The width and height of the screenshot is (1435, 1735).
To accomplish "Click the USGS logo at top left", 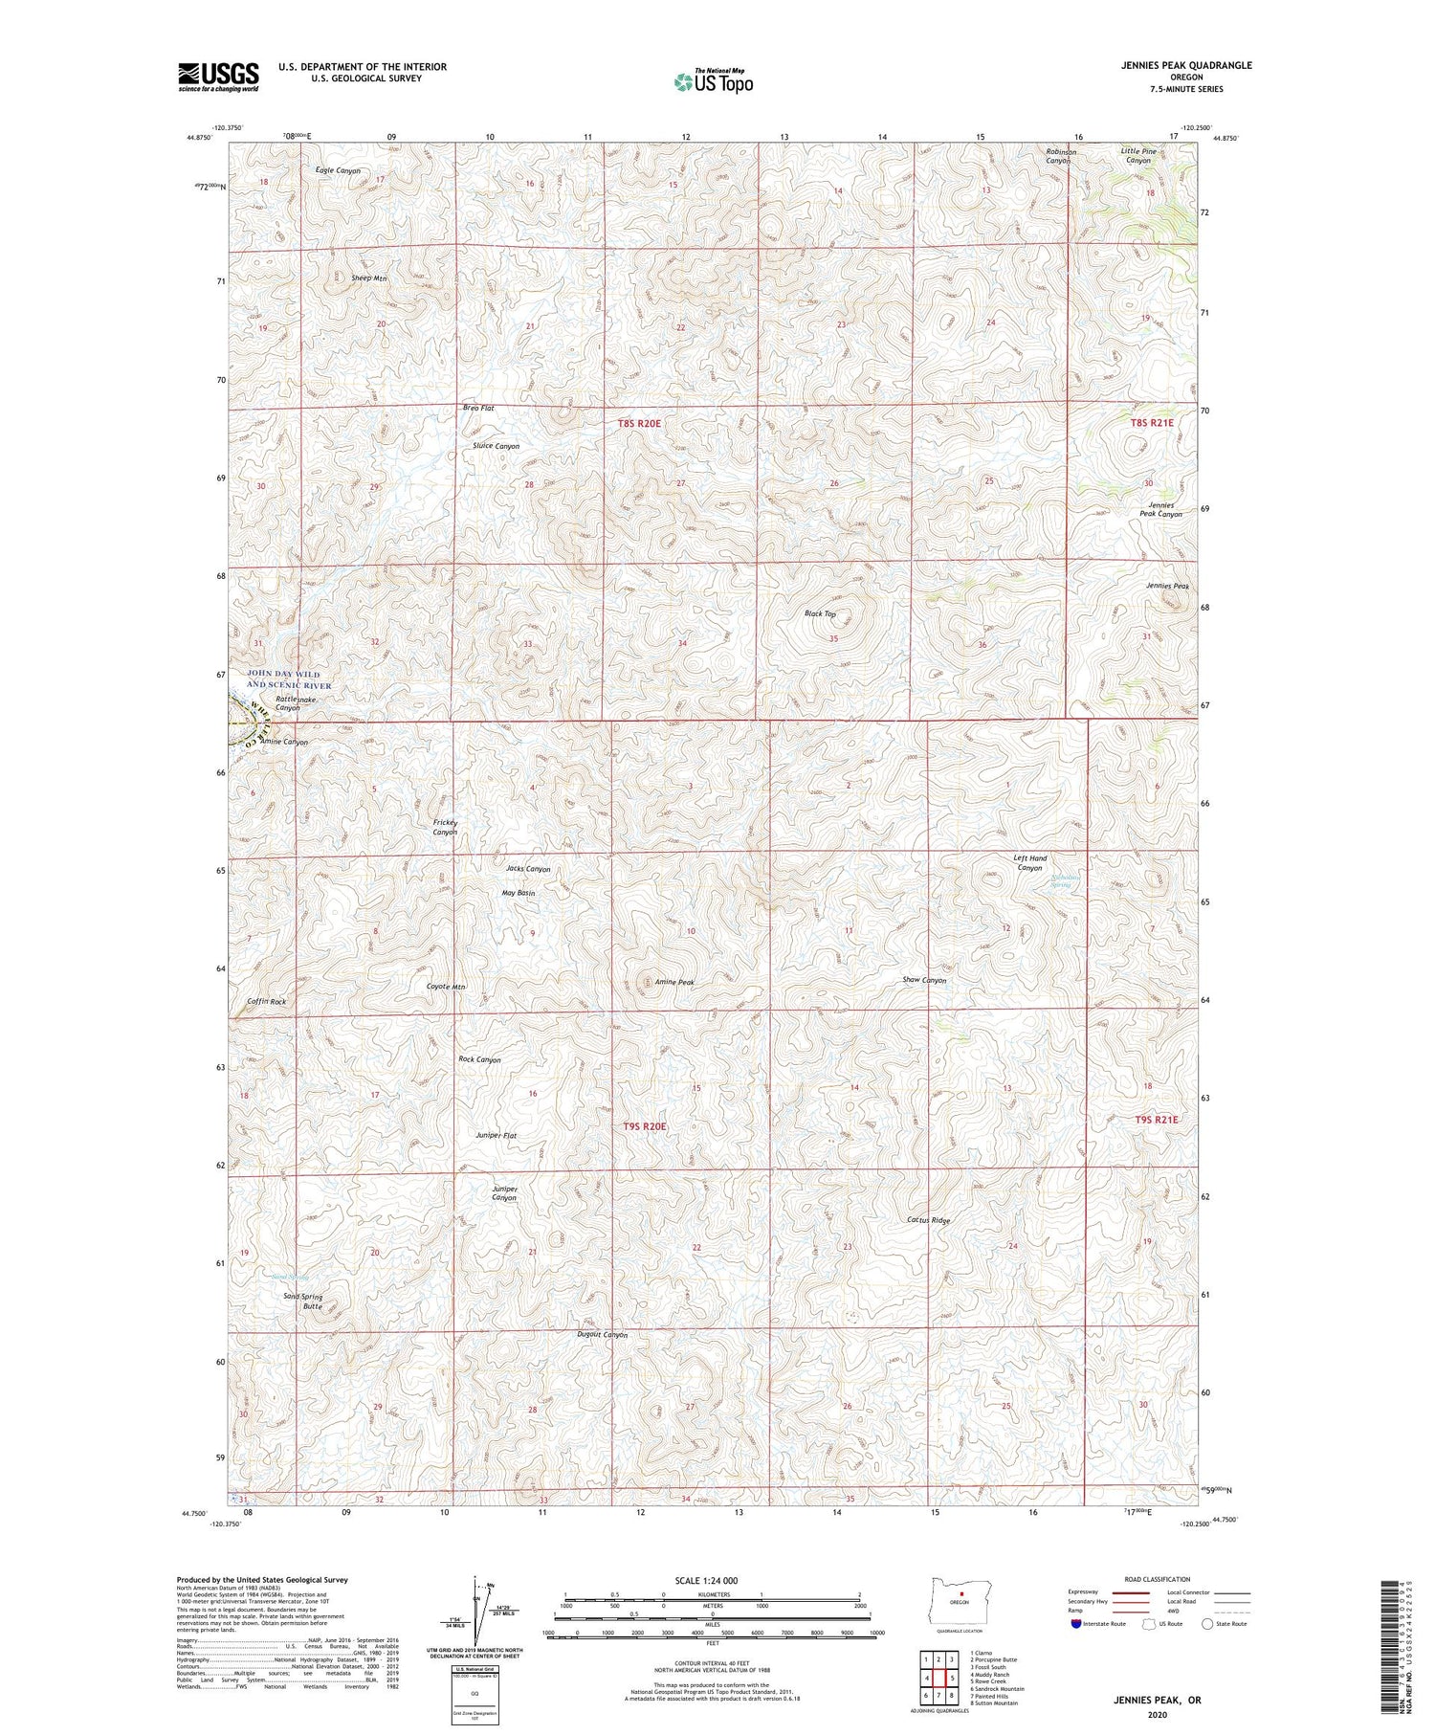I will [x=218, y=77].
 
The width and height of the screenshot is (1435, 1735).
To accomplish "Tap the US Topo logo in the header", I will [x=713, y=82].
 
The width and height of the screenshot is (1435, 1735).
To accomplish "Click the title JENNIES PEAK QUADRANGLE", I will [x=1187, y=65].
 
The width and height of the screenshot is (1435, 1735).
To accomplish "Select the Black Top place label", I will [x=820, y=613].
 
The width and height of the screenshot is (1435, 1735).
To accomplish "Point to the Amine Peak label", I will [x=674, y=982].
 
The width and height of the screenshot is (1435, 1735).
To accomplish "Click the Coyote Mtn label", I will [x=446, y=987].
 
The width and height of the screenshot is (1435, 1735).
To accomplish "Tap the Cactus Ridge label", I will [x=928, y=1220].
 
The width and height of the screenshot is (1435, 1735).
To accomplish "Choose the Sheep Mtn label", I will [x=369, y=278].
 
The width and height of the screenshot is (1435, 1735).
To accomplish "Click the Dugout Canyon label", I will [x=602, y=1334].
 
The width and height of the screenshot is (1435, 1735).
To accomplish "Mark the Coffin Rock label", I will [x=266, y=1001].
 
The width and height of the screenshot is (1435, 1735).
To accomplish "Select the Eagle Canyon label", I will [x=338, y=170].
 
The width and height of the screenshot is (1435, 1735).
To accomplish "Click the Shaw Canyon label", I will [x=924, y=980].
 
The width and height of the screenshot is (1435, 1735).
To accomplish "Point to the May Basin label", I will [x=519, y=893].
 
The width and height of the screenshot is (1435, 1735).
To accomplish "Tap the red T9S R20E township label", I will [x=644, y=1126].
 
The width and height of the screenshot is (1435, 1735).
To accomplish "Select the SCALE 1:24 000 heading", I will [x=713, y=1580].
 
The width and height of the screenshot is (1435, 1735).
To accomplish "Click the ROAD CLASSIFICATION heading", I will [x=1158, y=1579].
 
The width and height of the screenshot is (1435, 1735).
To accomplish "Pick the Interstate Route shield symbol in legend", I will [x=1076, y=1624].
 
